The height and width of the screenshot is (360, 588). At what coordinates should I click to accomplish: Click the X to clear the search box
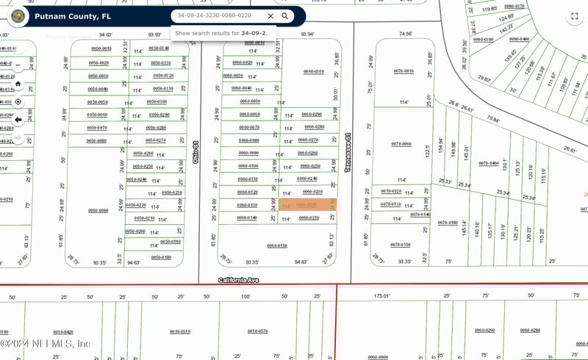[270, 15]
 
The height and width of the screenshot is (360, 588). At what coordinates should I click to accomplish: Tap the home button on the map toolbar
[18, 84]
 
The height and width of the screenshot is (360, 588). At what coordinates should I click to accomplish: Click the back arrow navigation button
[18, 119]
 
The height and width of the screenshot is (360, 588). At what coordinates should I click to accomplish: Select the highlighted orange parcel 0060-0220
[306, 206]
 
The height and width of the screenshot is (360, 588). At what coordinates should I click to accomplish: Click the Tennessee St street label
[348, 153]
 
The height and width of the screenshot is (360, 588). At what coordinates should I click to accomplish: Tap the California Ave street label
[239, 280]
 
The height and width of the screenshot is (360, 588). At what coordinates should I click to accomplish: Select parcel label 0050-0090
[98, 210]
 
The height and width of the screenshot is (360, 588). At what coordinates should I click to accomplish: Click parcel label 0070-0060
[401, 144]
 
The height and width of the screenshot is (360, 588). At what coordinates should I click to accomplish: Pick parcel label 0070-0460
[489, 163]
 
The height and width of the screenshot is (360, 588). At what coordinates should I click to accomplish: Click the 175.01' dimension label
[381, 296]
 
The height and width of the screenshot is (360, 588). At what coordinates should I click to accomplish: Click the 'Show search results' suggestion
[223, 33]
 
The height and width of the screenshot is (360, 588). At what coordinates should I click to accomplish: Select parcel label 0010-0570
[257, 331]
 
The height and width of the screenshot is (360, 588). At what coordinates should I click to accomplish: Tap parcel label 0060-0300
[314, 71]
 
